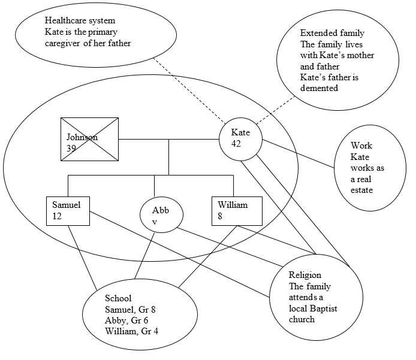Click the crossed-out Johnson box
point(89,139)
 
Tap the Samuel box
point(68,211)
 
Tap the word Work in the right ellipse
point(361,146)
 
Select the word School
point(118,298)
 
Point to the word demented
point(319,87)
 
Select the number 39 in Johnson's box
point(71,148)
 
